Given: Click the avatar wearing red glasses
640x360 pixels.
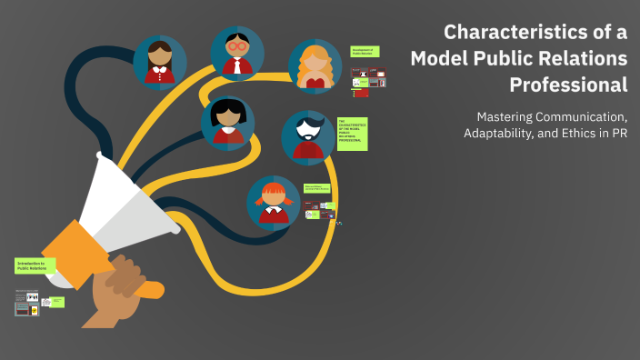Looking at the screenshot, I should click(x=237, y=53).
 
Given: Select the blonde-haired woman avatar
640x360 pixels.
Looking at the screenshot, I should click(x=315, y=66).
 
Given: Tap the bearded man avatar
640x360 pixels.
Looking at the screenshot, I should click(x=307, y=136).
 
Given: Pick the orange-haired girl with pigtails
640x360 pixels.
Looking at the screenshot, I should click(x=273, y=202).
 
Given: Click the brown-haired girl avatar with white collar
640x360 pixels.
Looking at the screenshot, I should click(x=160, y=63).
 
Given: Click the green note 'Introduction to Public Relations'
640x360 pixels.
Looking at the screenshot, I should click(x=35, y=265).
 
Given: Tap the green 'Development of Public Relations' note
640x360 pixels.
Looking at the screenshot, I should click(x=365, y=53).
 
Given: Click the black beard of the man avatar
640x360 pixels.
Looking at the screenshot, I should click(x=307, y=145).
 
